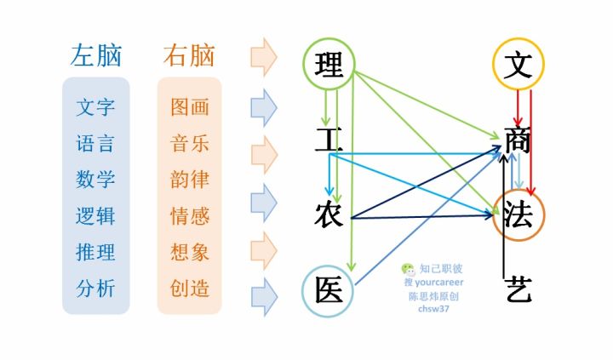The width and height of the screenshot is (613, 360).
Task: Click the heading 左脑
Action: point(95,56)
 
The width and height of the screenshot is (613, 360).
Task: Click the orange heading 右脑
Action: point(188,56)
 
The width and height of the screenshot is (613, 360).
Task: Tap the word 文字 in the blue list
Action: point(95,108)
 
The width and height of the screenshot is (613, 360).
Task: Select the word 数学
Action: point(95,180)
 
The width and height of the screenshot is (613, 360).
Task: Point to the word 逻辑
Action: point(95,216)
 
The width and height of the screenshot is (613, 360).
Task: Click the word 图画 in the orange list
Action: point(190,108)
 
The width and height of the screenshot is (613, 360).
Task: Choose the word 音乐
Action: point(190,144)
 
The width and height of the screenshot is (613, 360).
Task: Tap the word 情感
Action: point(190,216)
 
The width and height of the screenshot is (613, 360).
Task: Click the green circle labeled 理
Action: point(329,64)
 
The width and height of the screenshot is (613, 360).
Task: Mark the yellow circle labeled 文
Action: point(518,64)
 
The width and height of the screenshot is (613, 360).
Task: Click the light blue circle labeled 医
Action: point(329,289)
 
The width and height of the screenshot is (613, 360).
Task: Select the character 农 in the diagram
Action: point(329,214)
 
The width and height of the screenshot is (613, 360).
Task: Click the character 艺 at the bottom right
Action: point(518,289)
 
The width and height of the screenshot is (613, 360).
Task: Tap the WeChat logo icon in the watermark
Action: point(409,269)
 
